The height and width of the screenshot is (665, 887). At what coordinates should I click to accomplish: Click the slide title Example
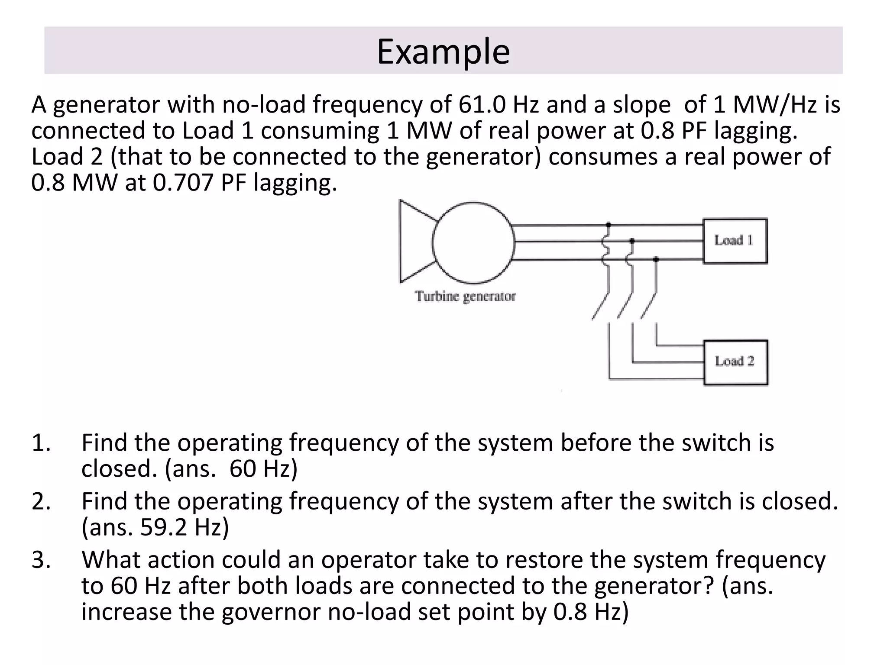(443, 52)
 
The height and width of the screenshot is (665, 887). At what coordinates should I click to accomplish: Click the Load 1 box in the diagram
(735, 241)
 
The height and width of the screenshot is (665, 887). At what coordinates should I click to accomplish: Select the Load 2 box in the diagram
(735, 362)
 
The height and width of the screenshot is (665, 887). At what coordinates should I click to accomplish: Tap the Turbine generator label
(466, 297)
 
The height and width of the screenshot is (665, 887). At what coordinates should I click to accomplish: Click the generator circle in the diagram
(473, 243)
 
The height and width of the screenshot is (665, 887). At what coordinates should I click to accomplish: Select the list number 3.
(41, 560)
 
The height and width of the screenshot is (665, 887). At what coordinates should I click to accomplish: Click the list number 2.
(41, 501)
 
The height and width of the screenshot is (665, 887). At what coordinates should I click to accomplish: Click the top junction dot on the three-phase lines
(609, 225)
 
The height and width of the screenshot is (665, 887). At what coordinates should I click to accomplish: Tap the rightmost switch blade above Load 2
(648, 305)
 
